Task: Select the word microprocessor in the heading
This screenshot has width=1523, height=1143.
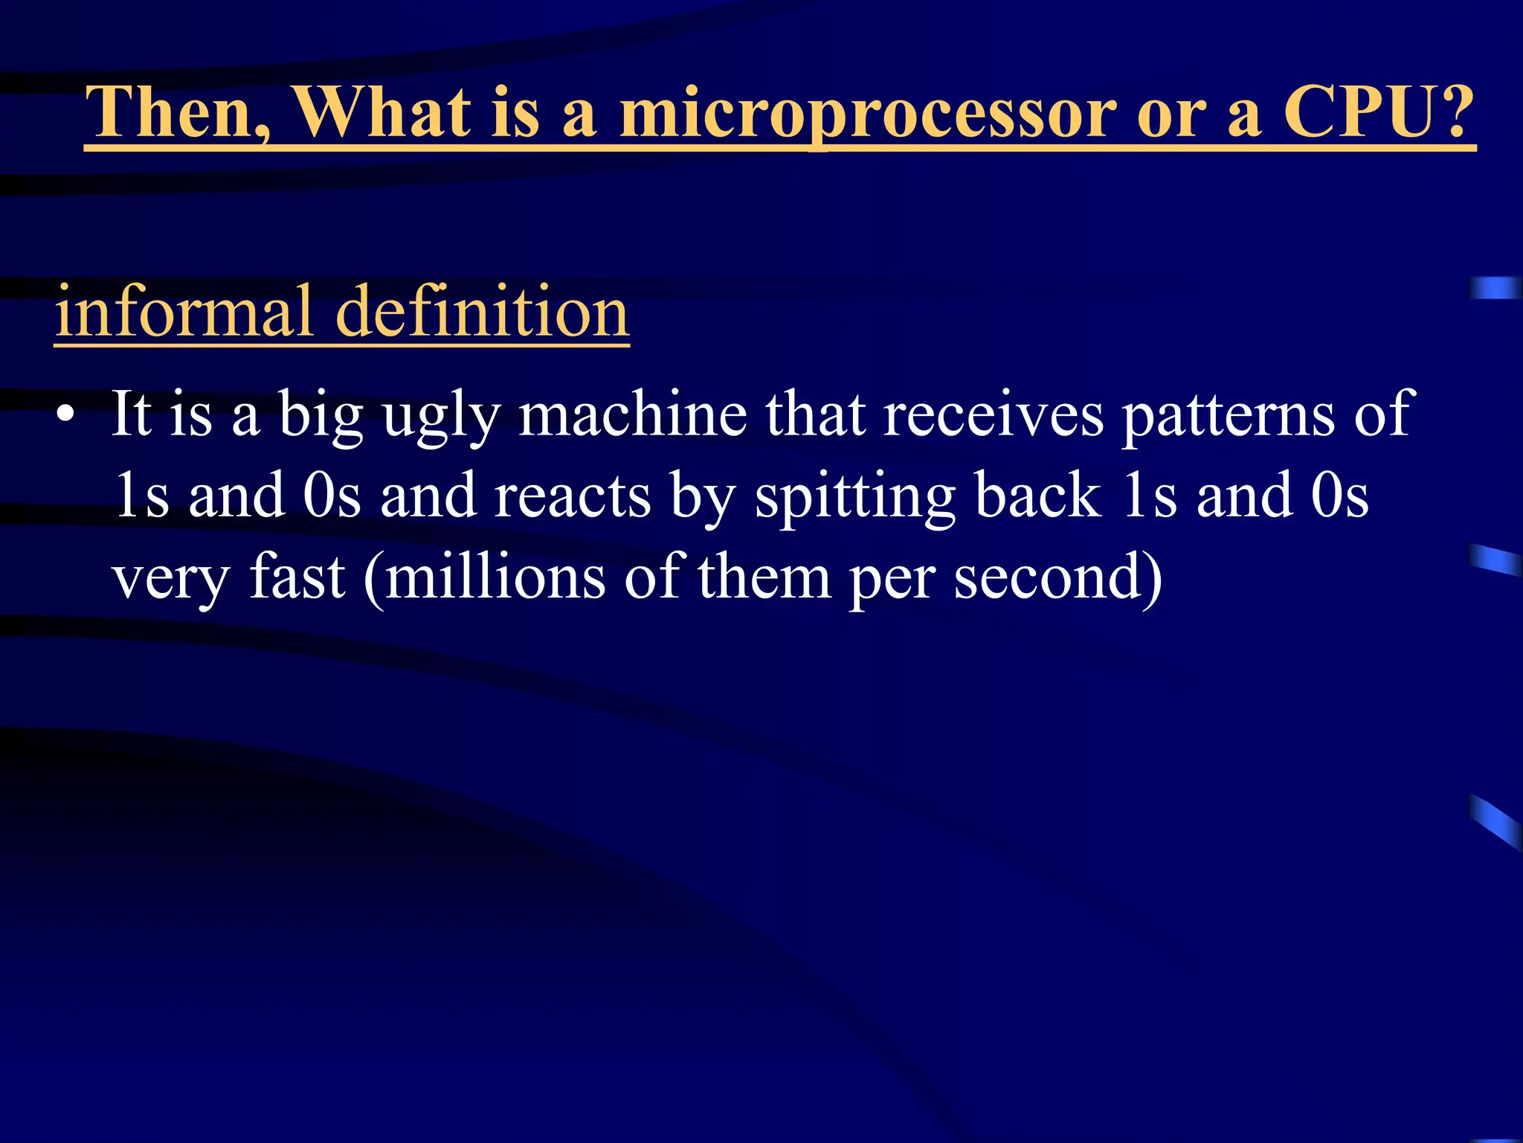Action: [x=868, y=113]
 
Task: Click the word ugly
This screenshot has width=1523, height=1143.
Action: [x=441, y=415]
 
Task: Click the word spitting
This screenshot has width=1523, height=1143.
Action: [x=855, y=497]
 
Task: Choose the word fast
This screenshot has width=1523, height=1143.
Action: [x=297, y=577]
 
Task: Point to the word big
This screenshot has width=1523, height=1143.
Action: [x=321, y=415]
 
